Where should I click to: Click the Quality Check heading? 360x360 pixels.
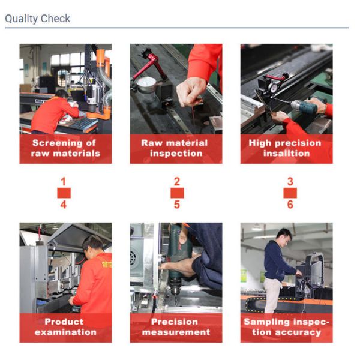click(37, 19)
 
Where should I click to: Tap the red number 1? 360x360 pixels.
click(64, 182)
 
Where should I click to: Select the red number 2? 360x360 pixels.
click(177, 182)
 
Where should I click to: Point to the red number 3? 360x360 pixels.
click(290, 182)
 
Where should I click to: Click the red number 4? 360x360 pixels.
click(64, 205)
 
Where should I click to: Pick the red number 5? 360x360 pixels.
click(177, 205)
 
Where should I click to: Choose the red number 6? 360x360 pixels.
click(290, 205)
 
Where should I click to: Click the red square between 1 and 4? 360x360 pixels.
click(64, 193)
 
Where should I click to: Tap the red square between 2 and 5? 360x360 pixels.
click(177, 193)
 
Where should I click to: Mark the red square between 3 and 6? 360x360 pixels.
click(290, 193)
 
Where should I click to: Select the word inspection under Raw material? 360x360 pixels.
click(176, 154)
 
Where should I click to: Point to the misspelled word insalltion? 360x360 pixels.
click(287, 153)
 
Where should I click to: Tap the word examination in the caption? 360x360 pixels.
click(65, 332)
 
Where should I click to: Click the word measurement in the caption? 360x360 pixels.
click(176, 332)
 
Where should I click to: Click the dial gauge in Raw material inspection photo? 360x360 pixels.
click(146, 85)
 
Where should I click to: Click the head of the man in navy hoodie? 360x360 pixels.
click(284, 236)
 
